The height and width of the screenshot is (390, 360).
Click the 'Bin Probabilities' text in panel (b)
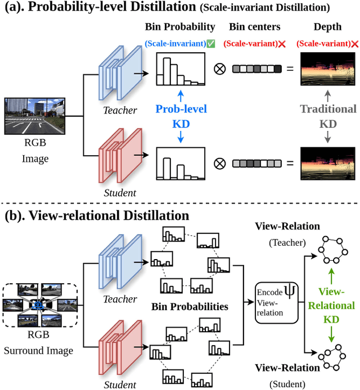pos(190,307)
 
